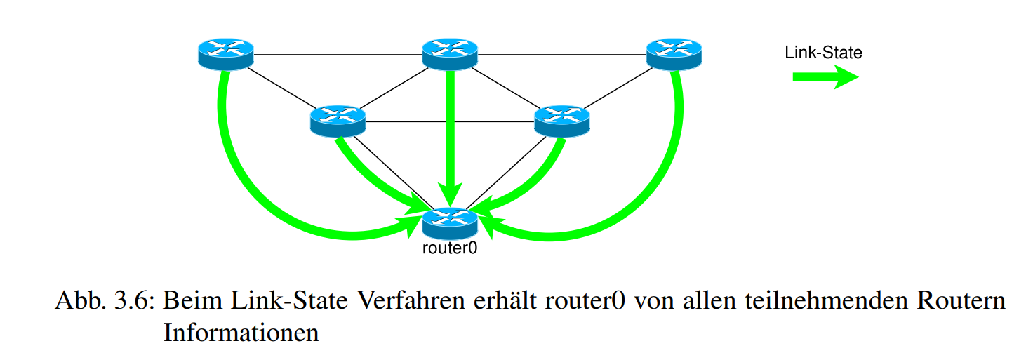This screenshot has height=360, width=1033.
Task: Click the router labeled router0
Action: (450, 222)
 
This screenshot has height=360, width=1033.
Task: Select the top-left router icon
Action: (225, 53)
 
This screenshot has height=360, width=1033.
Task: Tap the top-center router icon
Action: (450, 53)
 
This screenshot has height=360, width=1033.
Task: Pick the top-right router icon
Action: (674, 53)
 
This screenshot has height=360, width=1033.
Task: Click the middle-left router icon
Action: (338, 120)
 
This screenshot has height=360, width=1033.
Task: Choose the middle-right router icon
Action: (562, 120)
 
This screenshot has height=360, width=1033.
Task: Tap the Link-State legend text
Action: (823, 52)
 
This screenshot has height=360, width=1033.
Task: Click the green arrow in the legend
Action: (825, 77)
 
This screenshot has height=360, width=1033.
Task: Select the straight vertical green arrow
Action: (450, 133)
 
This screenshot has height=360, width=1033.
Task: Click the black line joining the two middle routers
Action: (449, 123)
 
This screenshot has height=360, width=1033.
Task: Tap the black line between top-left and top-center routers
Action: (337, 54)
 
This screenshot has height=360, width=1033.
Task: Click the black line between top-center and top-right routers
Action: (561, 54)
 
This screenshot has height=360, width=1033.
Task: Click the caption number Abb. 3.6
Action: (105, 302)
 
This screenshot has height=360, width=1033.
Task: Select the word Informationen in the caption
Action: (241, 331)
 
